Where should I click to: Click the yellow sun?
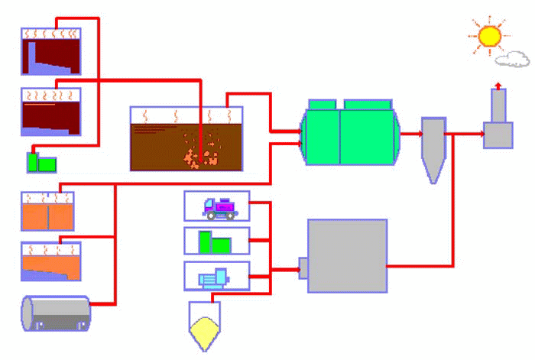(488, 35)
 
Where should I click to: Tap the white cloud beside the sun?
(511, 59)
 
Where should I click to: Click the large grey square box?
(347, 255)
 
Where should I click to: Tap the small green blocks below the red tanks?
(41, 162)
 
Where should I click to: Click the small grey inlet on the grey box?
(303, 268)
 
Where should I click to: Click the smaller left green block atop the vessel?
(321, 104)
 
